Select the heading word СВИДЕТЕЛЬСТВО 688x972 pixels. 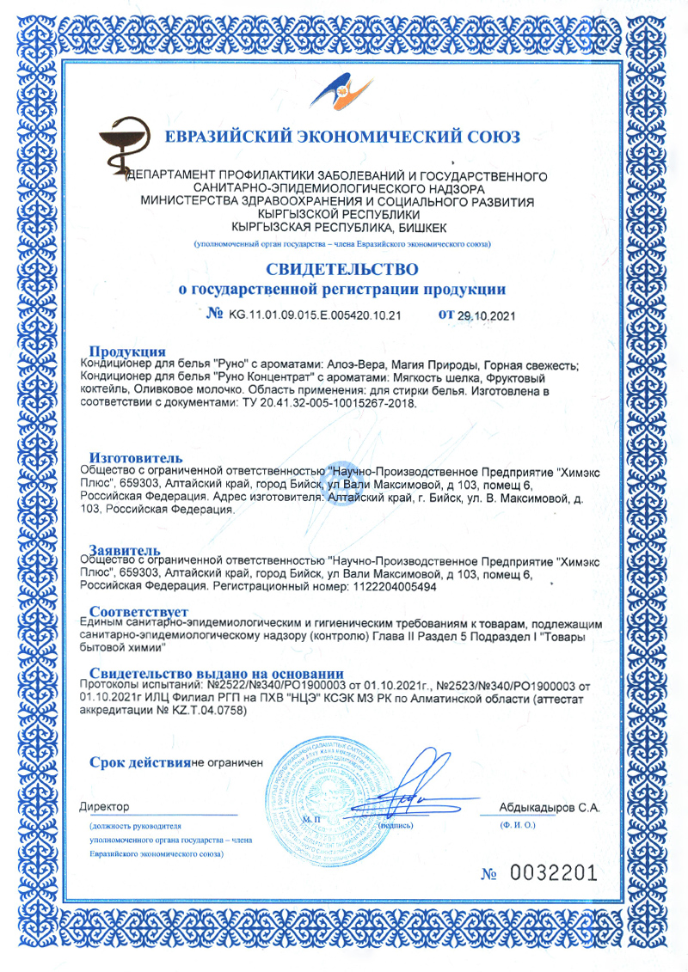(342, 270)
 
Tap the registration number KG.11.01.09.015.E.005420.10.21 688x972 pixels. (315, 315)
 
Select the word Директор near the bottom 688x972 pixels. (104, 807)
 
